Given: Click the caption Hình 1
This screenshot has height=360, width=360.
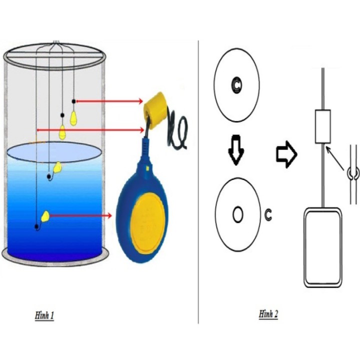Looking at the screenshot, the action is point(44,315).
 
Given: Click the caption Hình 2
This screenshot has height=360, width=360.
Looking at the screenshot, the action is point(268,314).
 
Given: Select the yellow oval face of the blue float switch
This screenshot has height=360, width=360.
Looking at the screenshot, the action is point(148,223).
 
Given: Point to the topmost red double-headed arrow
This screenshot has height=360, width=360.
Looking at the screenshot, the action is point(109,101).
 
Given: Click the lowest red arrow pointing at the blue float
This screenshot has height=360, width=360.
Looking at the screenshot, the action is point(80,215).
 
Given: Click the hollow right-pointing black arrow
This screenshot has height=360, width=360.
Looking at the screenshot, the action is point(286,154).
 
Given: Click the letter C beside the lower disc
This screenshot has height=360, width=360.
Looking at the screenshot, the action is point(267,214).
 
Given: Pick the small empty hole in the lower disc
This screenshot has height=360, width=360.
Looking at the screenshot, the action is point(237,214).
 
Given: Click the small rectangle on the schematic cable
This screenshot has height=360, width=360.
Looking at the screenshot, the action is point(323,126).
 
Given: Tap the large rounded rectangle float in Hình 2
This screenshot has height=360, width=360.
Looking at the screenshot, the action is point(323,247).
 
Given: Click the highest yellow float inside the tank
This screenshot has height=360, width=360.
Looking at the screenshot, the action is point(73,118).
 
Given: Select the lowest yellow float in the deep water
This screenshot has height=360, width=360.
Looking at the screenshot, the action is point(45,216).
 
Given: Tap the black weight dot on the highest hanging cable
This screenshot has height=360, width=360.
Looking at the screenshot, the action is point(73,101).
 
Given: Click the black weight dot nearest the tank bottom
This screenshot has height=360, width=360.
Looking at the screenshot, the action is point(36,226).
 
